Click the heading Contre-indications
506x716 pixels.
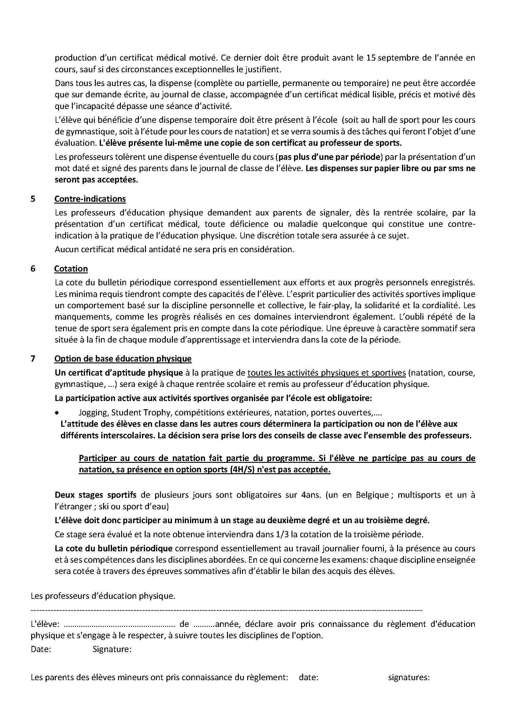click(90, 199)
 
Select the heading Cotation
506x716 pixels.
click(71, 269)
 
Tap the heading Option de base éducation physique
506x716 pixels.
click(123, 359)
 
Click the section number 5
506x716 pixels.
click(33, 199)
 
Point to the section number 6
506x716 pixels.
click(33, 269)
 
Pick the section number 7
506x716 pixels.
click(33, 359)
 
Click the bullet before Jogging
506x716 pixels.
click(56, 413)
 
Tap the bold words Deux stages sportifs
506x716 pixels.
click(96, 495)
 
